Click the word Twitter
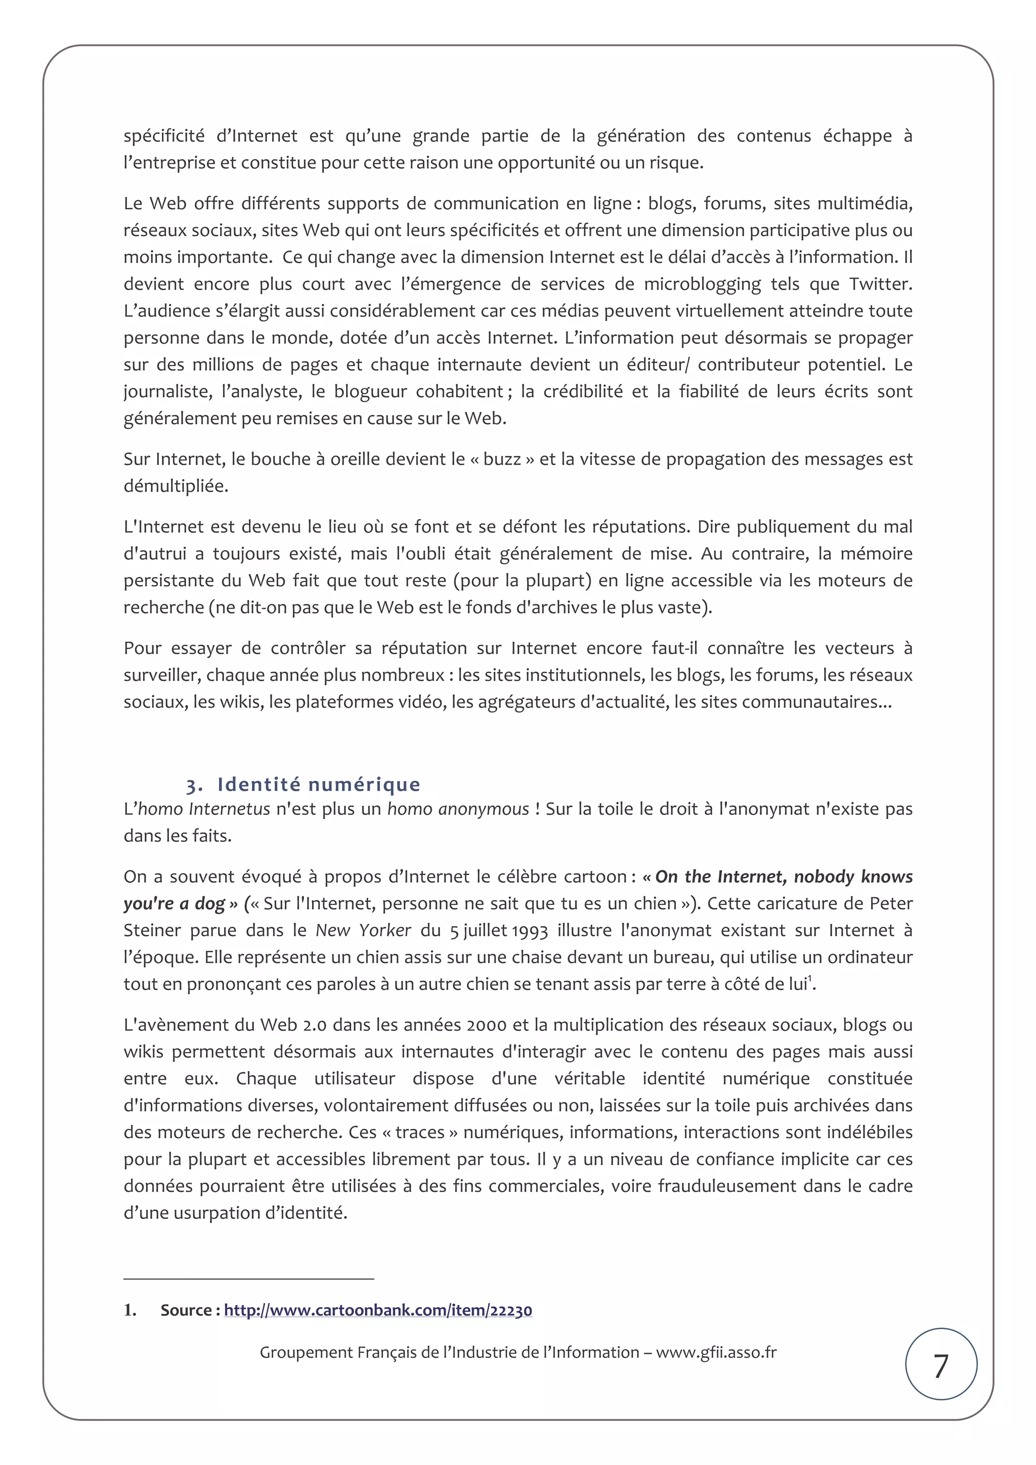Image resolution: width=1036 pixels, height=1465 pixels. coord(880,284)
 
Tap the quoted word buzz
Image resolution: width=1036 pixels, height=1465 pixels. coord(502,460)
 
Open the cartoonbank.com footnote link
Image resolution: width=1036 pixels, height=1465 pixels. coord(378,1311)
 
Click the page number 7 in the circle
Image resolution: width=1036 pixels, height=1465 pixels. coord(941,1366)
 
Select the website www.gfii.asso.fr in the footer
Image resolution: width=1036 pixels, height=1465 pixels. coord(716,1352)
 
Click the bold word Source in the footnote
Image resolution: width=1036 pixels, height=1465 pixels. coord(186,1311)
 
